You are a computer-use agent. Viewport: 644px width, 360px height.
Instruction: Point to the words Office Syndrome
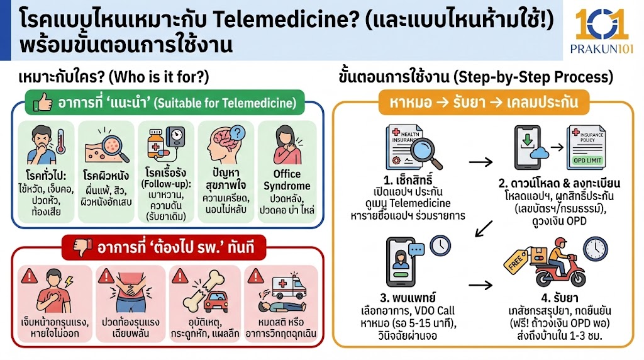[x=287, y=179]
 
